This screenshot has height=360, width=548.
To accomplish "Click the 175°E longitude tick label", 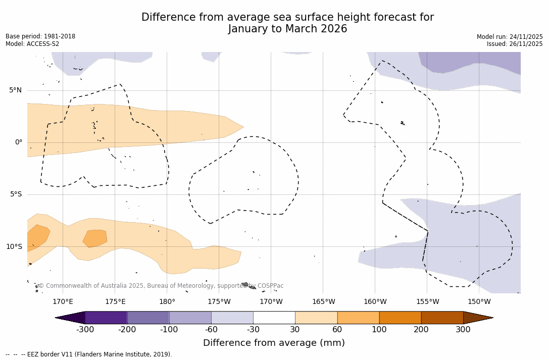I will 115,302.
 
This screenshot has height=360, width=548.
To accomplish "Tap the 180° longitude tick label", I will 167,302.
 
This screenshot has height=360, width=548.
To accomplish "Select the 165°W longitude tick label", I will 323,302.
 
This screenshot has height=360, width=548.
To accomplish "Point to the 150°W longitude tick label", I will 479,302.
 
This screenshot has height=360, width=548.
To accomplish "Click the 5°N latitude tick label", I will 15,90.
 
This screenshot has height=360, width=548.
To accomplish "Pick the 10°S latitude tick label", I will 14,247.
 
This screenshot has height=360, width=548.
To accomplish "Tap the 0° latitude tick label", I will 19,142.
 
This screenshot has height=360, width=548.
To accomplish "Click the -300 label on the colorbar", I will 85,330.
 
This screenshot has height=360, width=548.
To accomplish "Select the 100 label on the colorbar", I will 379,330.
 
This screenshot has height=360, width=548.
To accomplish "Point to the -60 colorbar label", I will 211,330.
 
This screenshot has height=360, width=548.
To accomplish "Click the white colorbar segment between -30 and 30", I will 274,318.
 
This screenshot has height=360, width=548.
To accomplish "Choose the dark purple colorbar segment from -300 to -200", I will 106,318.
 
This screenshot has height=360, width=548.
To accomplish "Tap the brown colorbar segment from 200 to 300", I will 442,318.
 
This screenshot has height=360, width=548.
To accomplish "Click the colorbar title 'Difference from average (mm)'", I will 274,343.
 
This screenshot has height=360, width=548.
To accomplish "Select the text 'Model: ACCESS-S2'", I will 32,44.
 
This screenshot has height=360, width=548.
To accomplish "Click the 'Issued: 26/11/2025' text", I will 515,44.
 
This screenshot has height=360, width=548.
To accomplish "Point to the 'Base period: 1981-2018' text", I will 40,36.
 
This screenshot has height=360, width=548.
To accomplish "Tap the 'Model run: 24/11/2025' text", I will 510,37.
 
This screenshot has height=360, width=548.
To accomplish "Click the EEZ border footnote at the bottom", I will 89,354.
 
